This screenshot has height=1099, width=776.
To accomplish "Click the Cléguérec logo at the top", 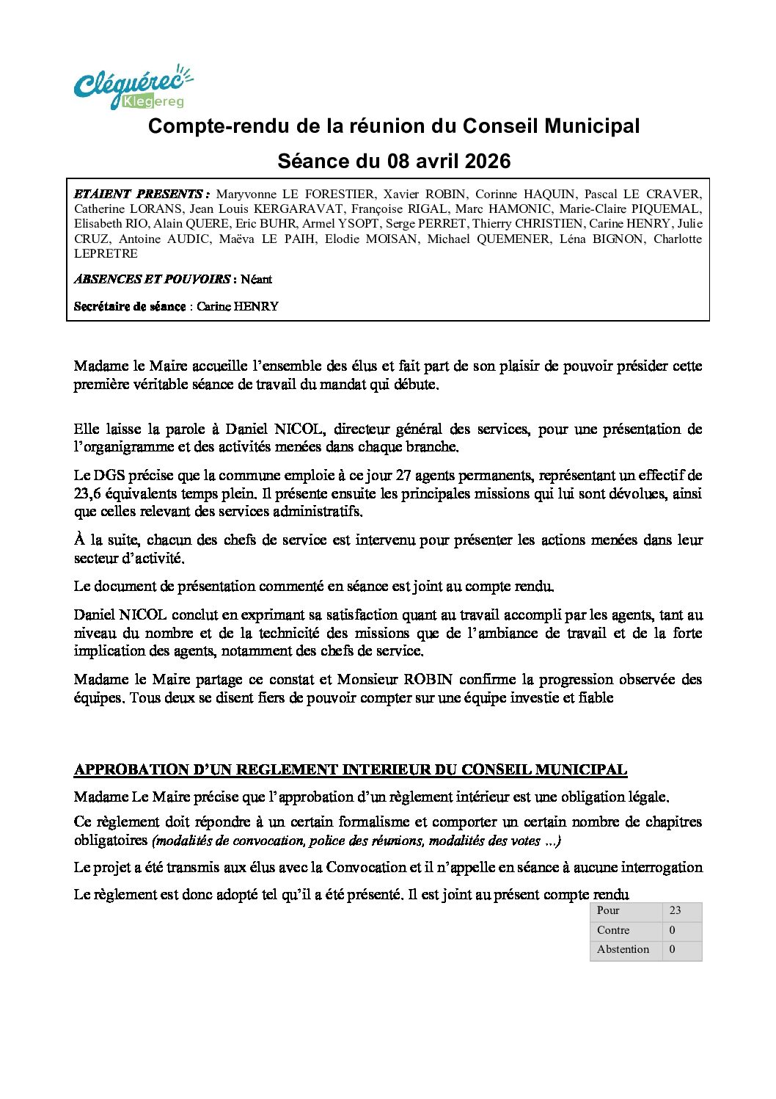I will [x=133, y=87].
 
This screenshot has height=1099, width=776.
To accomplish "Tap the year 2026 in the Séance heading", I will [x=488, y=162].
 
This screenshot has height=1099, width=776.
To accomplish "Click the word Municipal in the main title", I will [x=592, y=126].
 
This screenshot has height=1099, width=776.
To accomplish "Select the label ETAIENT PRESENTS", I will [x=139, y=195].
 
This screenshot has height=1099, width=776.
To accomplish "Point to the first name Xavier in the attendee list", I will [x=403, y=195].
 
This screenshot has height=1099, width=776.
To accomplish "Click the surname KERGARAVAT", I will [x=299, y=209].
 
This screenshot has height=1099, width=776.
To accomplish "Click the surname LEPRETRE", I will [x=106, y=254].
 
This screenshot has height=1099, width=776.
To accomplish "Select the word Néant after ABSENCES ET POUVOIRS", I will [x=256, y=280].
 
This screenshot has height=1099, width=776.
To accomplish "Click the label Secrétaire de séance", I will [x=130, y=307].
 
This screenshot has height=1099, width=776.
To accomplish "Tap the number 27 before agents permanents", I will [x=404, y=476].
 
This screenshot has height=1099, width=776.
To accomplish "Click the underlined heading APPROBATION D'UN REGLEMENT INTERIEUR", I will [x=351, y=770].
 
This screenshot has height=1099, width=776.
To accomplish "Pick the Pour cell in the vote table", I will [x=608, y=911].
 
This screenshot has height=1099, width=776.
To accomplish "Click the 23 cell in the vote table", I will [x=676, y=911].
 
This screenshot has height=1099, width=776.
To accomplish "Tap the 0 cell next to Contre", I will [x=673, y=930].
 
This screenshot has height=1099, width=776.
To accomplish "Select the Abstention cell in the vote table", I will [x=623, y=950].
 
